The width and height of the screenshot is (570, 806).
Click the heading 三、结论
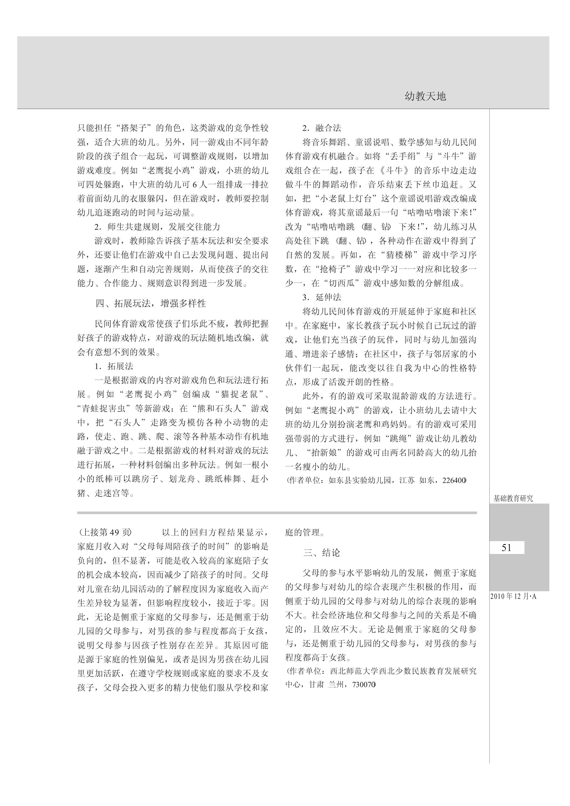(x=322, y=553)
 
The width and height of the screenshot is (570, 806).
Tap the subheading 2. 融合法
(x=322, y=128)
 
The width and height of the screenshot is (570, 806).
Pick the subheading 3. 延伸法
(x=322, y=297)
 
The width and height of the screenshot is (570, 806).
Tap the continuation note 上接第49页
(x=105, y=532)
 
